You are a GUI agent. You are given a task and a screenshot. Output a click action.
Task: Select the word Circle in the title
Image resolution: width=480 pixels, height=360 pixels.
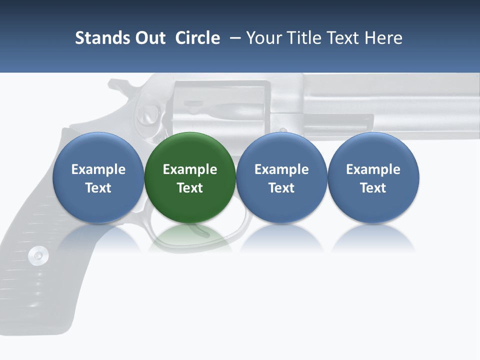click(x=197, y=38)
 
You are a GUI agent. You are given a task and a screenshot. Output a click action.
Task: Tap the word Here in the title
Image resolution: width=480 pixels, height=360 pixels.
click(x=383, y=38)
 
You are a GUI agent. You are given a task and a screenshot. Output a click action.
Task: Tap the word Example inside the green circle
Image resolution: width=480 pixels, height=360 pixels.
click(x=190, y=169)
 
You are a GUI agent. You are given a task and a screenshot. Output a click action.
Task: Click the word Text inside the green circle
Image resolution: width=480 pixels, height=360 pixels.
click(x=190, y=188)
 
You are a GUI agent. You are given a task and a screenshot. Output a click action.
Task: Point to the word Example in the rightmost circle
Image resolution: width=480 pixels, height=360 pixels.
click(x=373, y=169)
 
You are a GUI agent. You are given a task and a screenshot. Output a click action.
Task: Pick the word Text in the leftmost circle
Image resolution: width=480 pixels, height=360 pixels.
click(x=98, y=188)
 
